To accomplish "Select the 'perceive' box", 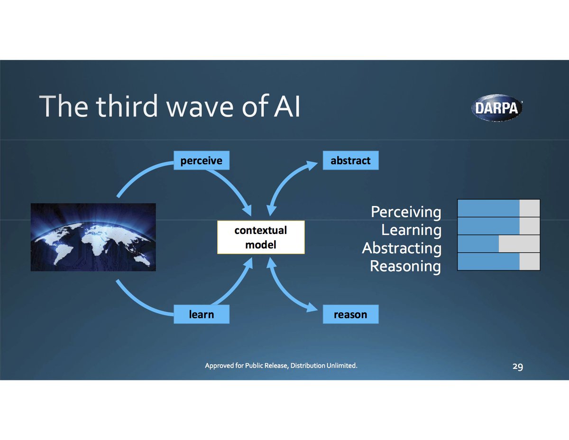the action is (201, 161).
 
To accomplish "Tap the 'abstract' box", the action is (350, 161).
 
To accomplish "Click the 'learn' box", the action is (201, 314).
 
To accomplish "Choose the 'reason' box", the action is (350, 314).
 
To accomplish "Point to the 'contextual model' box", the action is (260, 237).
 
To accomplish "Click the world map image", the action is (93, 237).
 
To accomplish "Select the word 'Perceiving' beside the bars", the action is (406, 212).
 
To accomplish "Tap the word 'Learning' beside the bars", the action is (411, 230).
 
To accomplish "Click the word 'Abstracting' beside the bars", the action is (402, 248).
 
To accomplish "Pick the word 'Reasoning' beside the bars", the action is (405, 266).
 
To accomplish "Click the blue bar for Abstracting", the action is (478, 244).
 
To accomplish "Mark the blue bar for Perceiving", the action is (488, 208).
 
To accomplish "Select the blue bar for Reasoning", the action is (488, 262).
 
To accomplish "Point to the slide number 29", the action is (517, 366).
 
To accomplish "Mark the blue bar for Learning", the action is (488, 226).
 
